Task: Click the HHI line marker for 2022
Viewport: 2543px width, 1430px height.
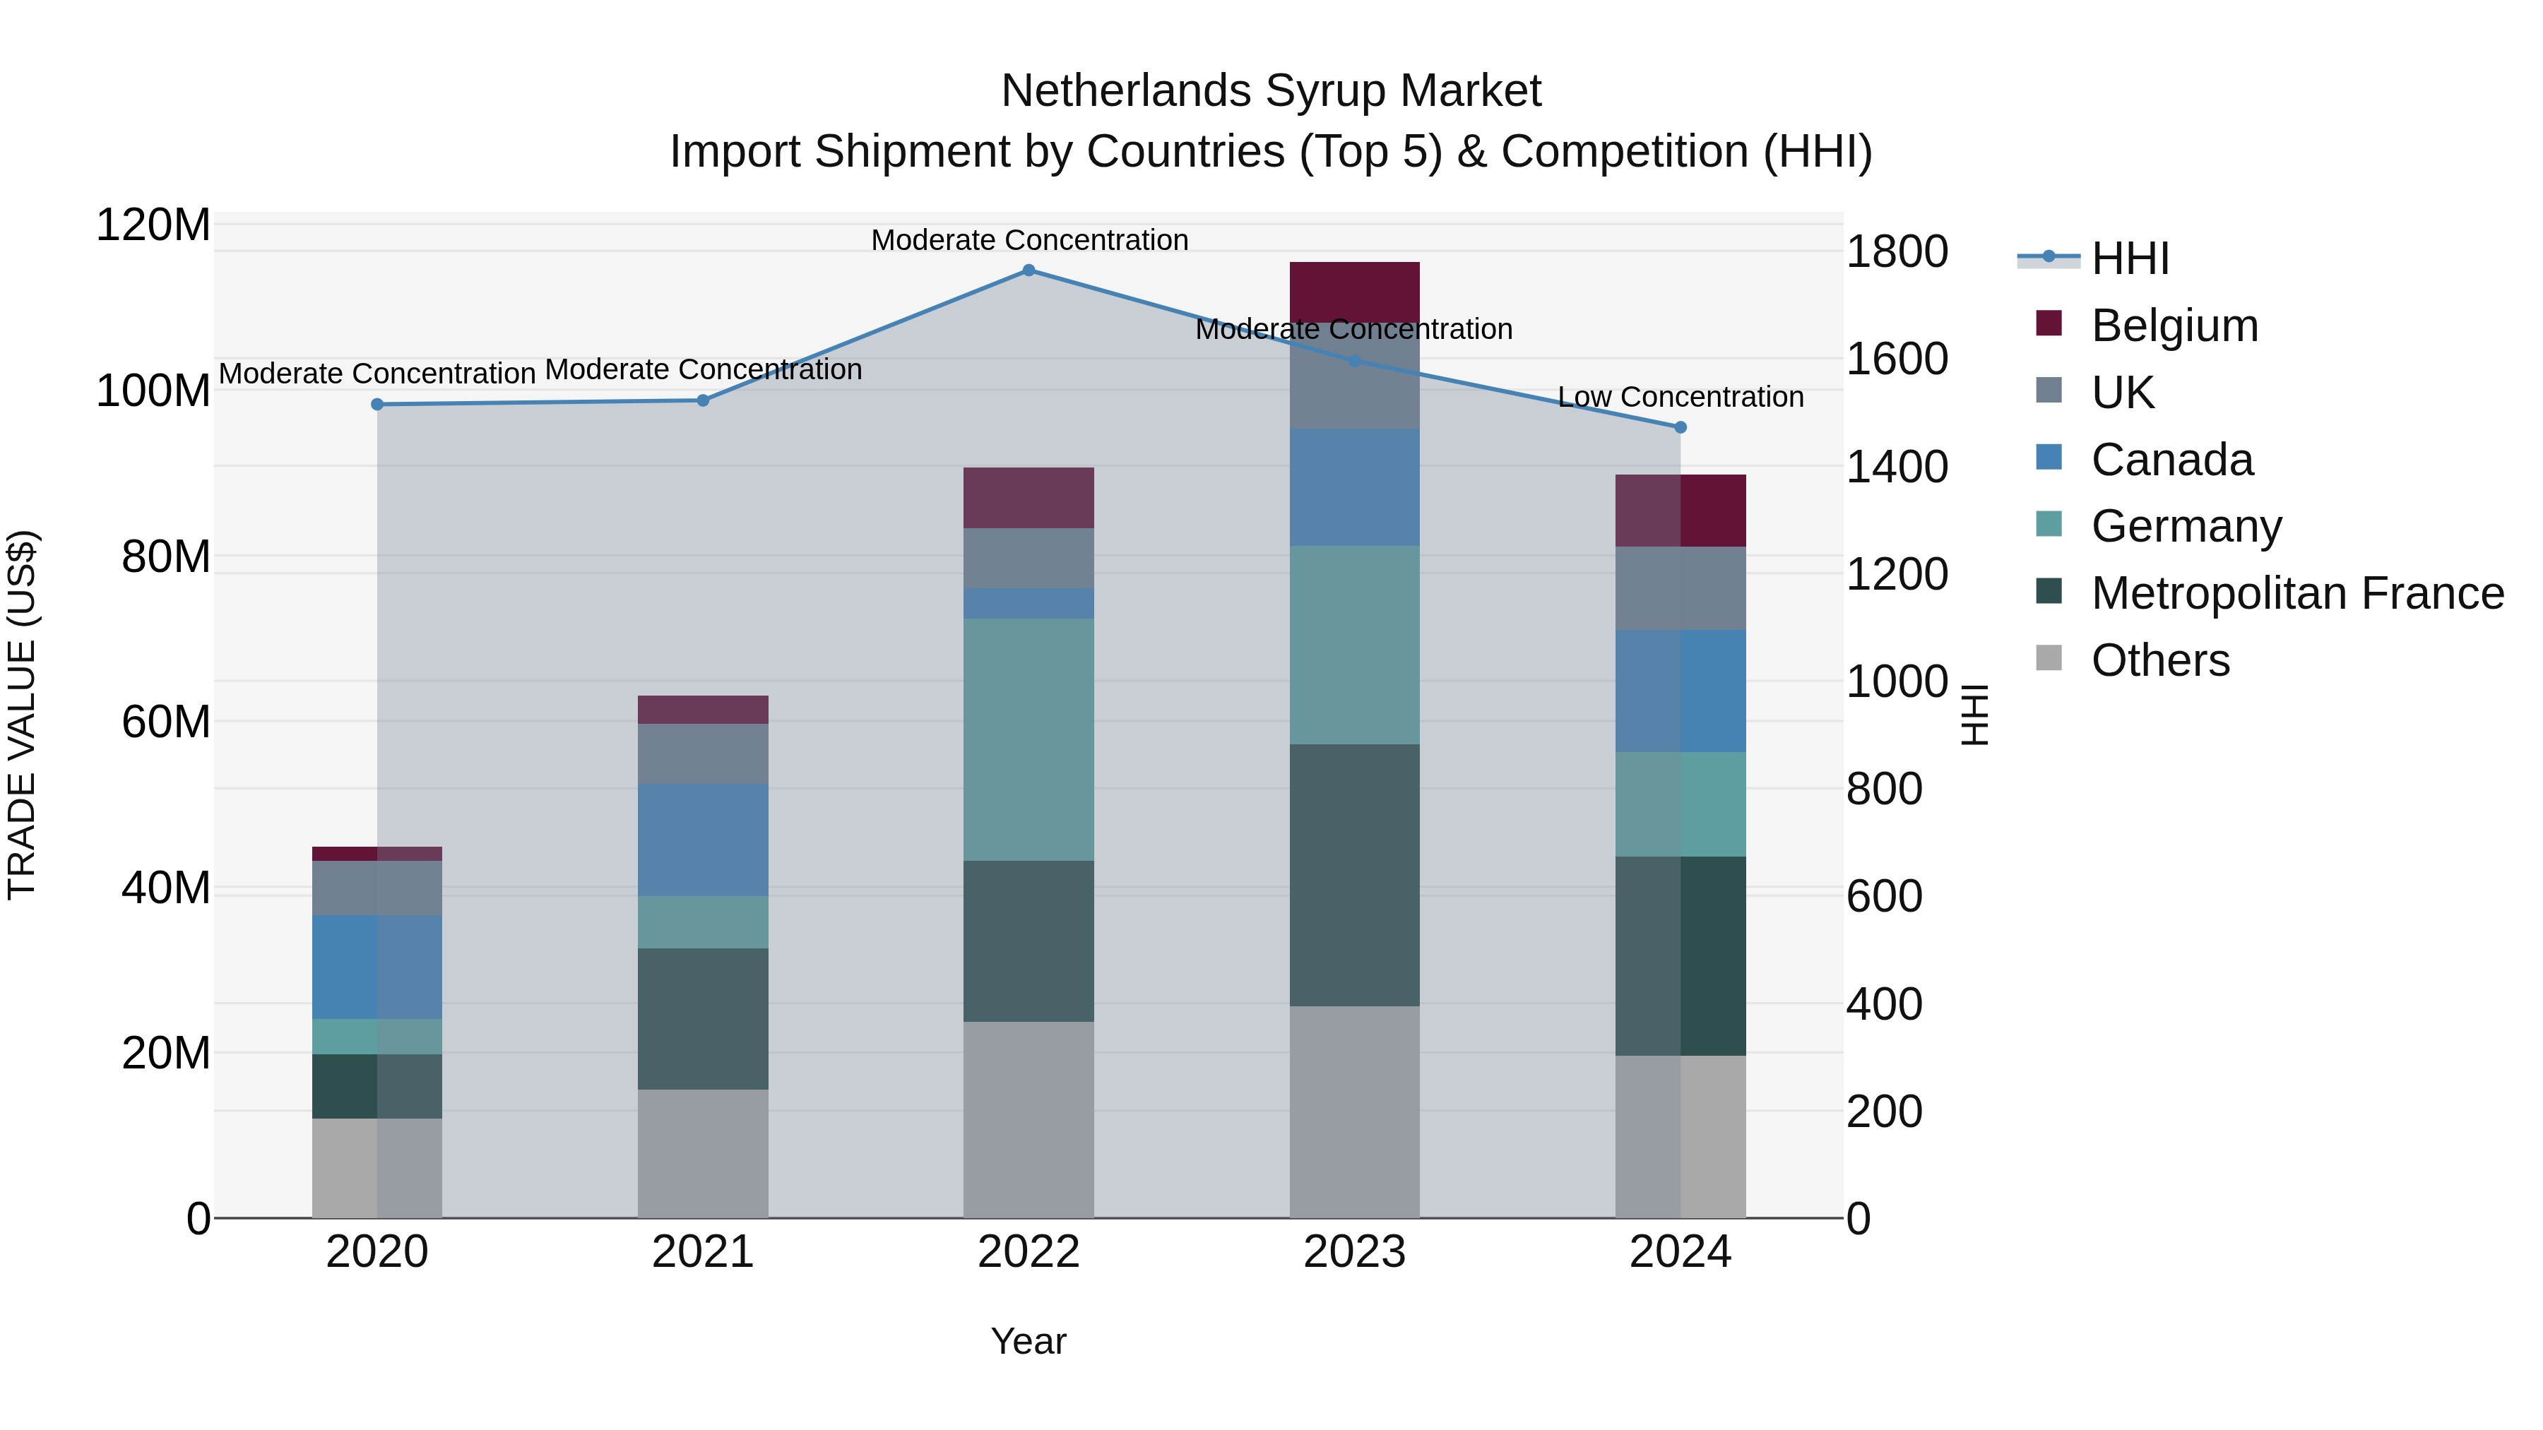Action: pos(1029,270)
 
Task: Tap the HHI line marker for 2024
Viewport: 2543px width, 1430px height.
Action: pos(1680,427)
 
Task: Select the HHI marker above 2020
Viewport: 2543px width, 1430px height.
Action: pos(377,405)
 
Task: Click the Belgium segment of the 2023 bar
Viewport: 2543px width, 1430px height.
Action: pos(1354,292)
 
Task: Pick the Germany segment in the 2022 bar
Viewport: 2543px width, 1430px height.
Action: pos(1029,739)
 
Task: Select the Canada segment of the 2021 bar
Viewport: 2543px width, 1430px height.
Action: pos(703,840)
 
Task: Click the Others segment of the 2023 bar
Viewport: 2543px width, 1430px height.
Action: pos(1354,1112)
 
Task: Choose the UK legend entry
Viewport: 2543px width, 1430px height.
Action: pos(2123,393)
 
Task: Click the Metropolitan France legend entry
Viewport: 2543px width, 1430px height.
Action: pos(2296,593)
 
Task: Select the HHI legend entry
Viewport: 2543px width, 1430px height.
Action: pos(2129,258)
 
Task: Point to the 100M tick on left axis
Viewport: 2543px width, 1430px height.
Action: pos(153,391)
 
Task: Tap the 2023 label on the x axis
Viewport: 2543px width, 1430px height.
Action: pos(1354,1252)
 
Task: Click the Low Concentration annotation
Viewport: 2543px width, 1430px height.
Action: pos(1680,397)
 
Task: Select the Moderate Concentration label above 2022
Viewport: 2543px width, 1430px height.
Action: pos(1029,240)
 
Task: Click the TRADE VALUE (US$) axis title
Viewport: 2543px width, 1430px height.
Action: pos(22,715)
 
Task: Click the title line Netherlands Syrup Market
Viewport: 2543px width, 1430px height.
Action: pos(1271,91)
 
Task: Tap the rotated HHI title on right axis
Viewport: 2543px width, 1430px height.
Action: pos(1974,715)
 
